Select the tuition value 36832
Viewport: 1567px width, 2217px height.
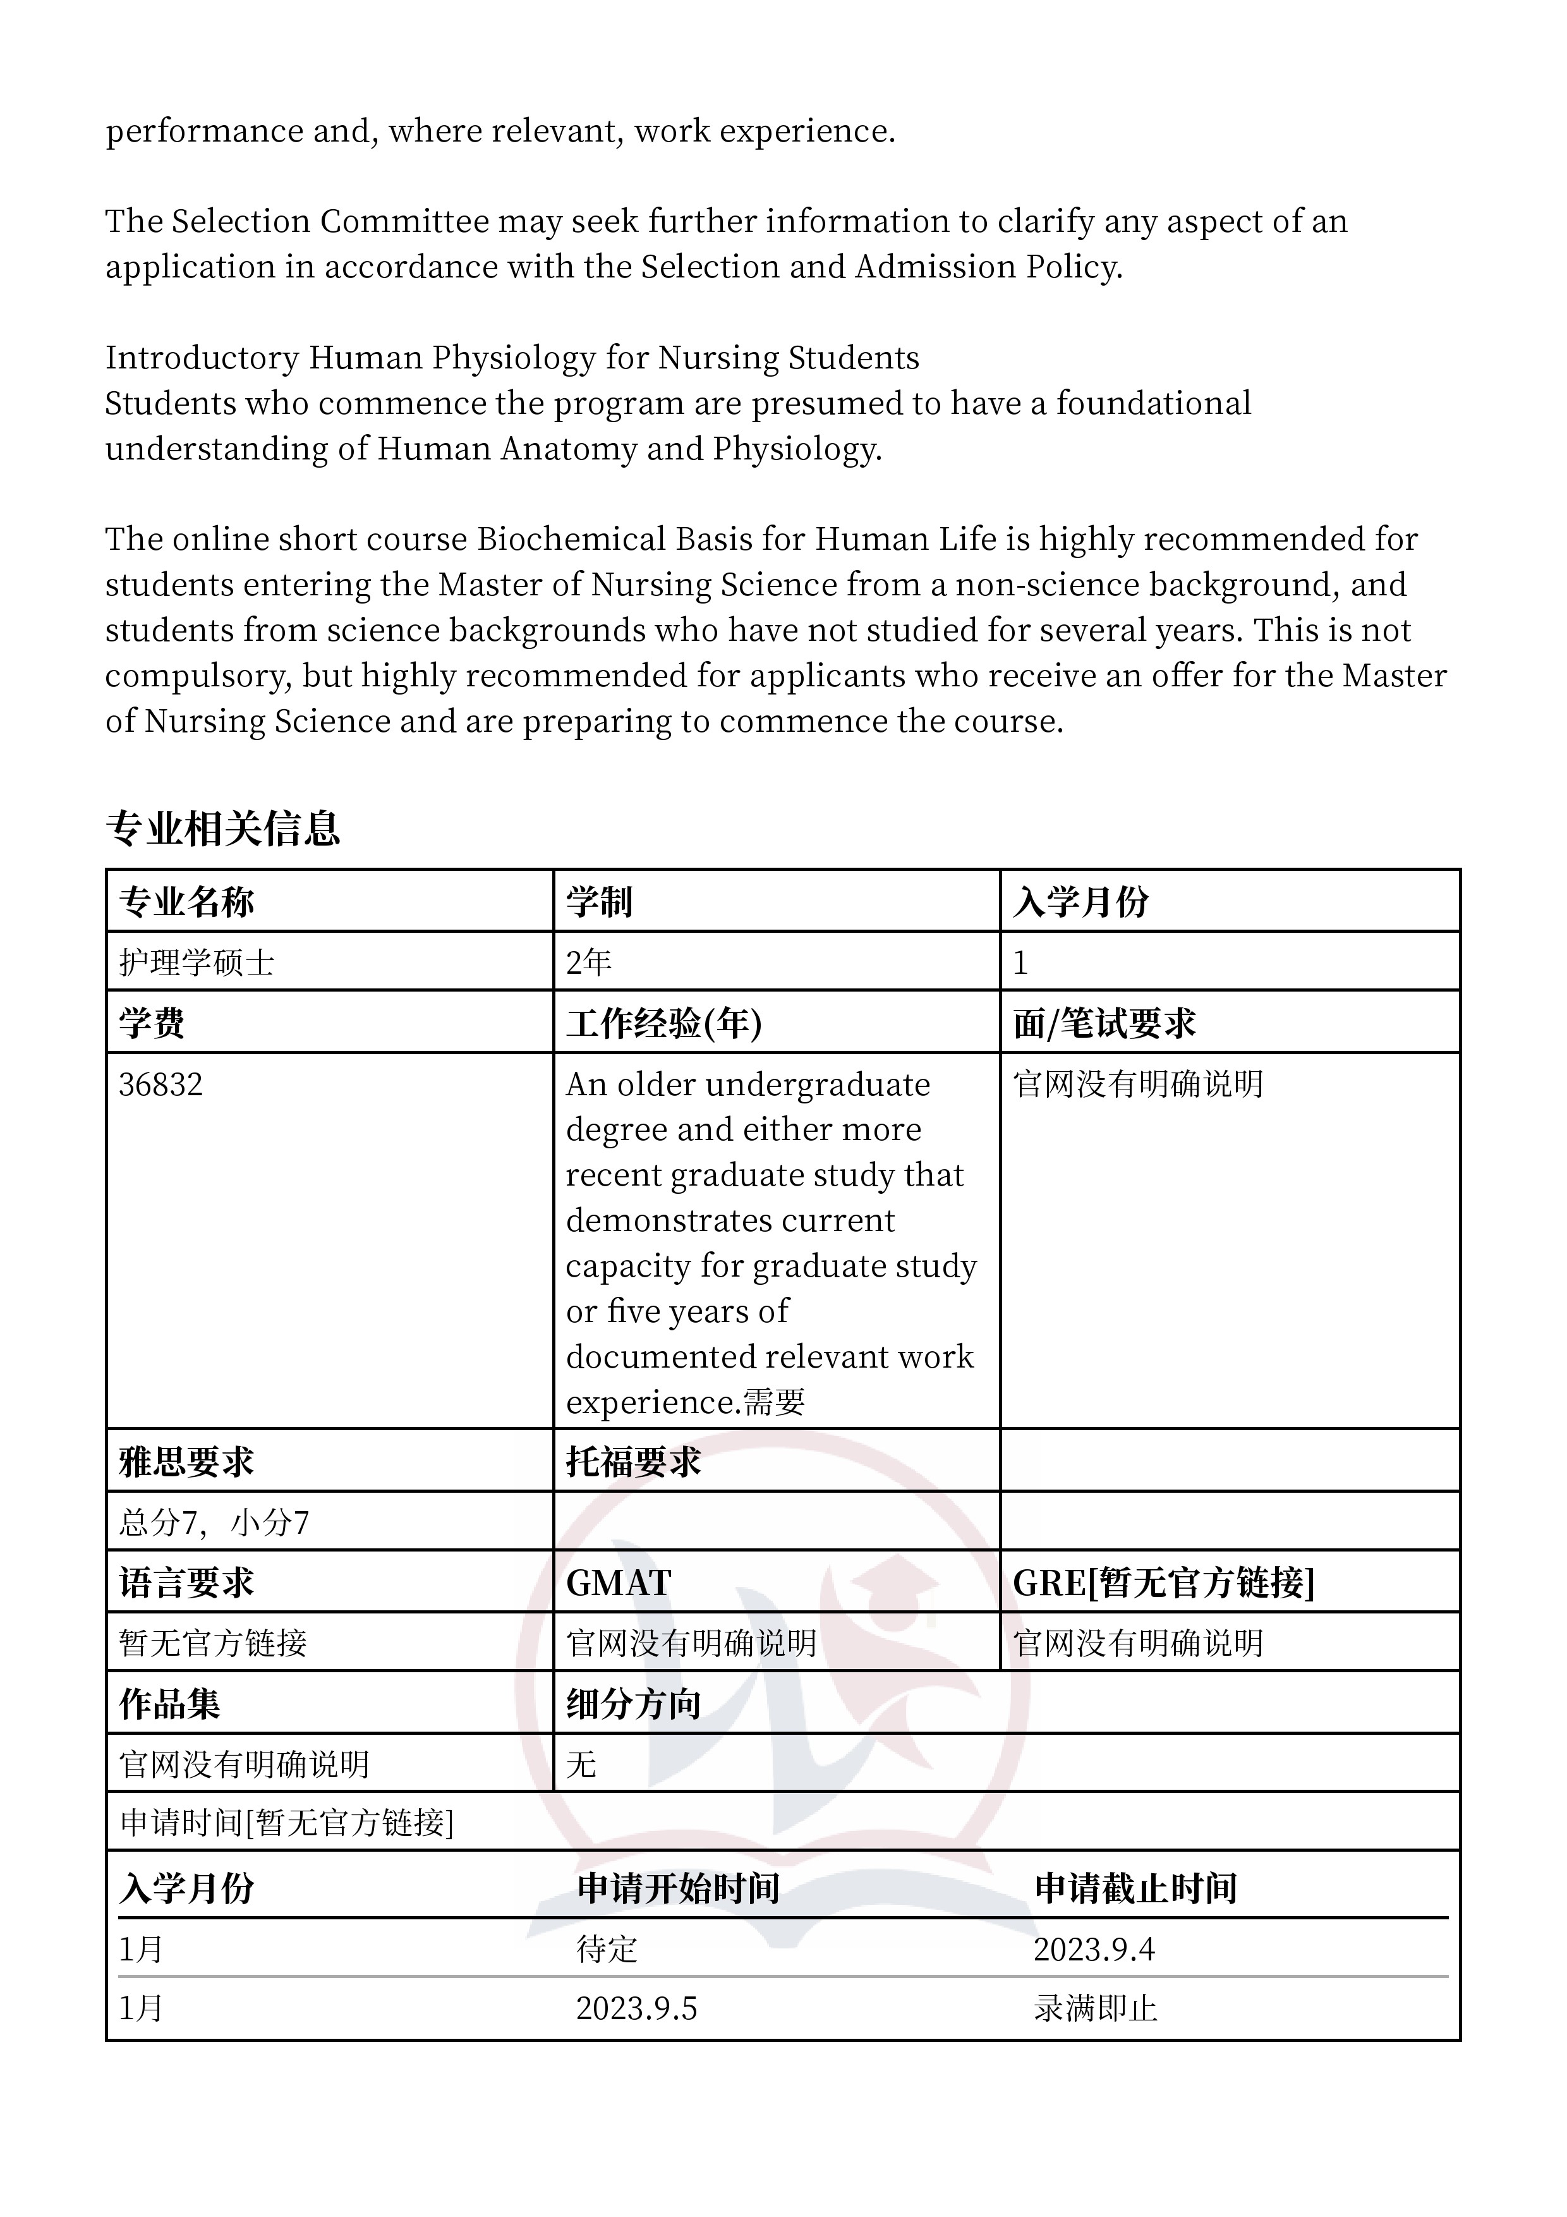coord(160,1084)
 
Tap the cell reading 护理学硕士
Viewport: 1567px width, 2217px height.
coord(197,962)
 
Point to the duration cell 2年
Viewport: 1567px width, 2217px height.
coord(589,962)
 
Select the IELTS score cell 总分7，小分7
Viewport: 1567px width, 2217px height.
coord(214,1522)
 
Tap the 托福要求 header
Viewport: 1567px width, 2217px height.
coord(632,1462)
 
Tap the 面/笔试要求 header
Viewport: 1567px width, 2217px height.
coord(1104,1024)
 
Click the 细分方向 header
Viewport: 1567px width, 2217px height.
coord(632,1704)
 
